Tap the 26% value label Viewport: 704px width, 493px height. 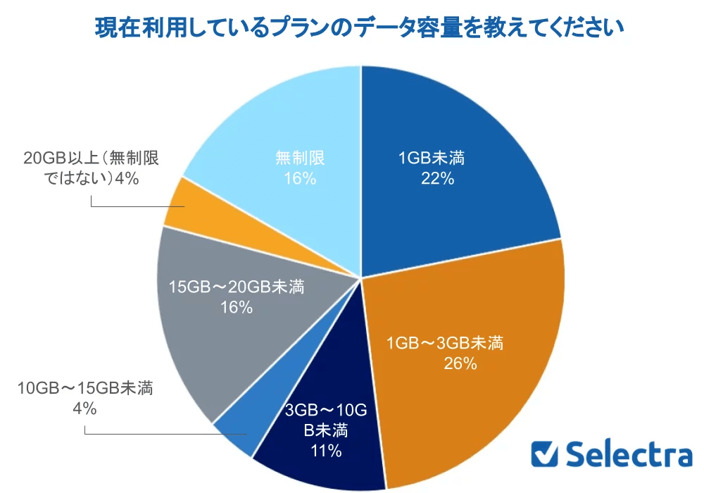[461, 363]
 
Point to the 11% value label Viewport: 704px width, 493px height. [325, 451]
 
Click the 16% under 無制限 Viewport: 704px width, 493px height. [300, 178]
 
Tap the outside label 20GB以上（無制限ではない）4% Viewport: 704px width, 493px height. [92, 168]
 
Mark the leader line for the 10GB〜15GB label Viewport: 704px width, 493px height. [162, 434]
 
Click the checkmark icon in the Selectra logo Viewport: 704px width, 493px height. [545, 454]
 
